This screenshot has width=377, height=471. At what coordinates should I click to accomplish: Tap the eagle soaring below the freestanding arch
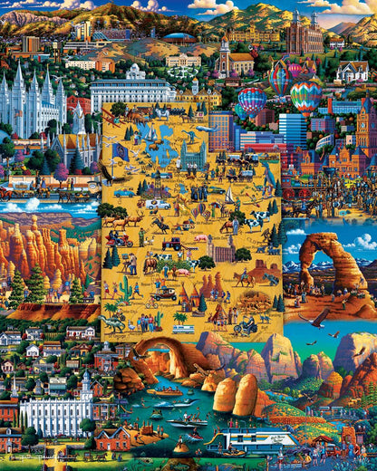click(x=316, y=318)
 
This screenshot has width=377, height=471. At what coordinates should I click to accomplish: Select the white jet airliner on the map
click(x=206, y=129)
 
